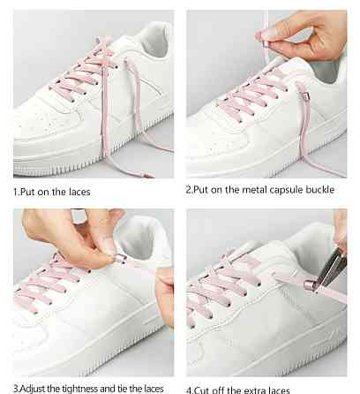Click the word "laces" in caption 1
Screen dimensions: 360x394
click(79, 192)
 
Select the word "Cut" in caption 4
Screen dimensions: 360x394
click(201, 390)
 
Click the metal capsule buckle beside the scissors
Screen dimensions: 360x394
click(309, 285)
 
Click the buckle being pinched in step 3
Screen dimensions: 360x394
click(120, 259)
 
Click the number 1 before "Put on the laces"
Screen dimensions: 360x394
click(16, 193)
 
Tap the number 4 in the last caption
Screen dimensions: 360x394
click(189, 390)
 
